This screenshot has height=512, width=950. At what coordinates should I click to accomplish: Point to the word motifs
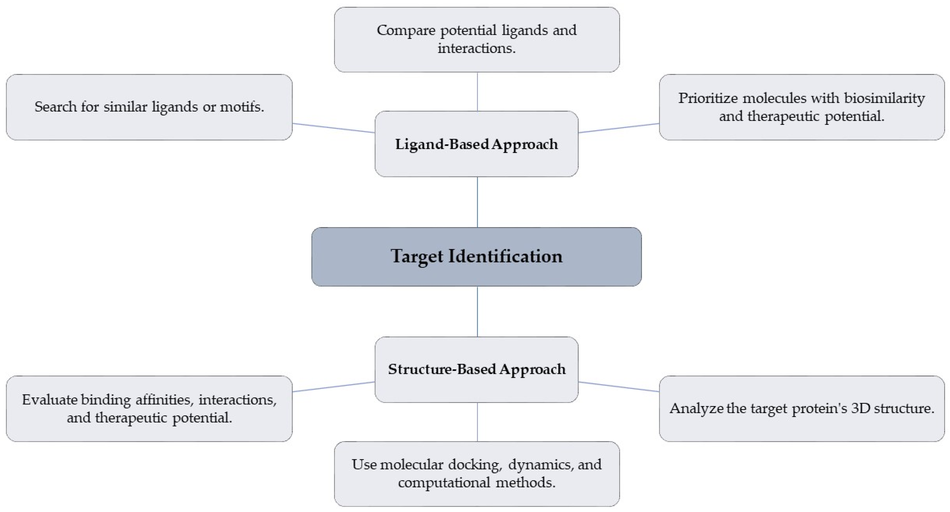coord(242,107)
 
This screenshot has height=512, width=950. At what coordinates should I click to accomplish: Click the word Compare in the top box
coord(406,30)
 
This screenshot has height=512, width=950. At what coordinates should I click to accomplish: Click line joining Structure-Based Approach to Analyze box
coord(619,387)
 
